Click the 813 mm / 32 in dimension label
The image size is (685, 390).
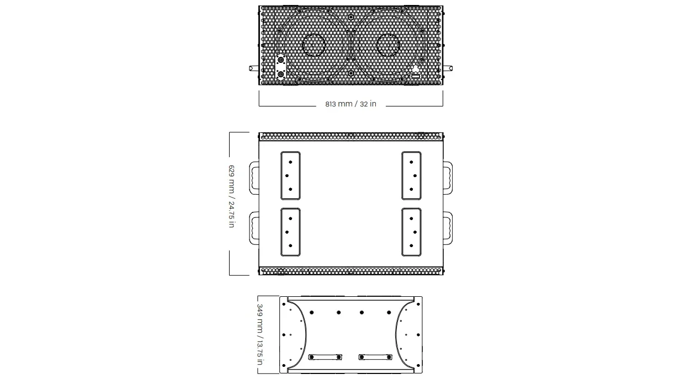coord(351,104)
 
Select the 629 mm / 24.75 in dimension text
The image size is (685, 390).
coord(231,196)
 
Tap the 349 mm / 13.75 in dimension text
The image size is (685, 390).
coord(259,334)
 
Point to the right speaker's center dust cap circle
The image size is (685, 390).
coord(387,45)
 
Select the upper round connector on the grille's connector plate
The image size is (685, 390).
coord(281,60)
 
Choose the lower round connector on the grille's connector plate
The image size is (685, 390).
coord(281,73)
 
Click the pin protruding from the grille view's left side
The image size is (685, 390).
coord(254,68)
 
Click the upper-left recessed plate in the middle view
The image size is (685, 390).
coord(290,175)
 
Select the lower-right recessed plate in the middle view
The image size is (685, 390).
coord(411,232)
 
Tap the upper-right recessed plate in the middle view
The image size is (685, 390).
coord(411,175)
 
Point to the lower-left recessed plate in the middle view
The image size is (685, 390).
coord(290,232)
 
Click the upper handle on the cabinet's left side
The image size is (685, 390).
coord(254,178)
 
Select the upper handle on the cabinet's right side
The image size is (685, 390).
coord(447,178)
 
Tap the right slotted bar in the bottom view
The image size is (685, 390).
coord(375,357)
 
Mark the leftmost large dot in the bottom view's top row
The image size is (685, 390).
coord(312,313)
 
